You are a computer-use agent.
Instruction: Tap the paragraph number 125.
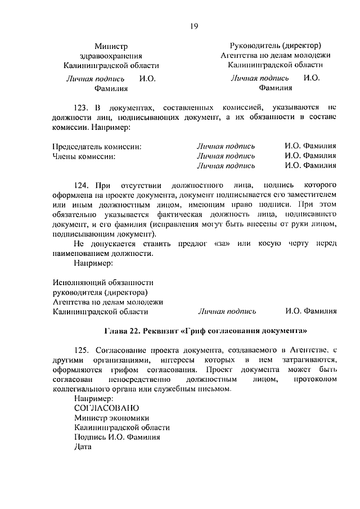click(80, 350)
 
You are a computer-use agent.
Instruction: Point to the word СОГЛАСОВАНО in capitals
click(106, 407)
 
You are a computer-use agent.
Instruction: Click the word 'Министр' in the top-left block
click(111, 46)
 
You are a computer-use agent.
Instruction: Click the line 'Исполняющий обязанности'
click(103, 282)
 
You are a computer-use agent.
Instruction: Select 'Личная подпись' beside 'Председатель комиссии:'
click(226, 146)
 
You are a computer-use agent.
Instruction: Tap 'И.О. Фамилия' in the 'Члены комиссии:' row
click(310, 156)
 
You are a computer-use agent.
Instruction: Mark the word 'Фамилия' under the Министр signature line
click(111, 88)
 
